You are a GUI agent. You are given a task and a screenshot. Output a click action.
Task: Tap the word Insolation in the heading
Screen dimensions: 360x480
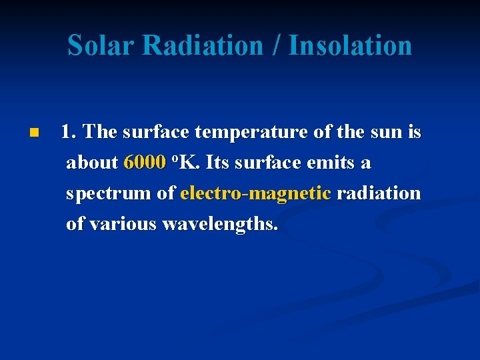350,45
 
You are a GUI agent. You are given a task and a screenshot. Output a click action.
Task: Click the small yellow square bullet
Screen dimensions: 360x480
35,133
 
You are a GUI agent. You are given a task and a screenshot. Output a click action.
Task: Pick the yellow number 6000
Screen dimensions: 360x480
145,163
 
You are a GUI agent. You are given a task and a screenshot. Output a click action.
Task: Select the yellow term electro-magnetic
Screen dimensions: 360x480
255,193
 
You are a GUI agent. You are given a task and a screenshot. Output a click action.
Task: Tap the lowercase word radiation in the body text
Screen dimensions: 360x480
379,193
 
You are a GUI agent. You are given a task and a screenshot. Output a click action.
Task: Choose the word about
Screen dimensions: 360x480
92,163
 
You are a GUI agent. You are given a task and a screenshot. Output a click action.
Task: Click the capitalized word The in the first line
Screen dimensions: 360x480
101,132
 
